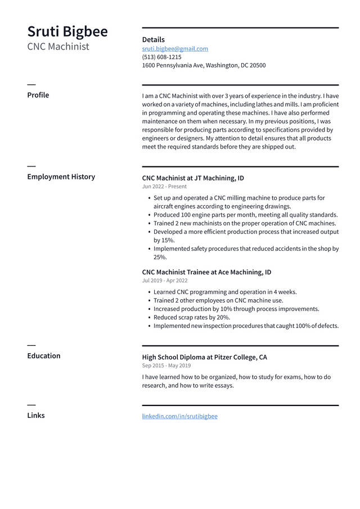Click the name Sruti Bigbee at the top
coord(67,31)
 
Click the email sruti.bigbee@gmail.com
coord(175,49)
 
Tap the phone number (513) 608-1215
coord(161,57)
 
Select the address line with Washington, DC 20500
coord(204,65)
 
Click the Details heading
coord(153,39)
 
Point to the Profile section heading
coord(38,95)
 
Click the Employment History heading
coord(61,177)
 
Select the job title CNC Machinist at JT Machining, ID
coord(193,178)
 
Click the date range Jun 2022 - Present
coord(164,187)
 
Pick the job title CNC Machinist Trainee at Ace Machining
coord(206,272)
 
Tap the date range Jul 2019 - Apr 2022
coord(165,281)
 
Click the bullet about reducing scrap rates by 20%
coord(192,317)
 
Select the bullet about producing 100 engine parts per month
coord(245,215)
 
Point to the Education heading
coord(44,355)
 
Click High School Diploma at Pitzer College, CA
coord(204,357)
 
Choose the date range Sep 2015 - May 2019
coord(166,366)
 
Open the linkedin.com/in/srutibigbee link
coord(179,416)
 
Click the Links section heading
coord(36,415)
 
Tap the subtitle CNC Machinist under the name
coord(58,47)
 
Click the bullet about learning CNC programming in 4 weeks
coord(225,292)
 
